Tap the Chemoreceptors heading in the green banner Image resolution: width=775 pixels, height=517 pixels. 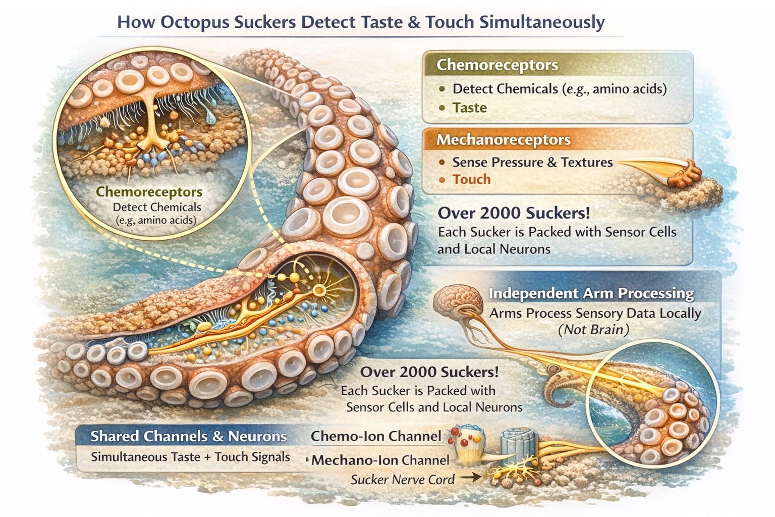497,65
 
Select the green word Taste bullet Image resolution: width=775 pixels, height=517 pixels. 470,108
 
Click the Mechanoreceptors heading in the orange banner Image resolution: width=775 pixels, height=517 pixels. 504,140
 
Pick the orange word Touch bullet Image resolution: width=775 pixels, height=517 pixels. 472,179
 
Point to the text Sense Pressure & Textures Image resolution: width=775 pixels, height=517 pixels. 532,162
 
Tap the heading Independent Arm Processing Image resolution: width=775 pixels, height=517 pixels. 591,293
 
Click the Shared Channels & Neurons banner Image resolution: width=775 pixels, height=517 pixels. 189,436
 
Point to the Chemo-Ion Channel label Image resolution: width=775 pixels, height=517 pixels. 376,436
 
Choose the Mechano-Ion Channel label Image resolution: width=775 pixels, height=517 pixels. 380,460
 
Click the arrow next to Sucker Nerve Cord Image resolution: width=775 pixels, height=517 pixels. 471,478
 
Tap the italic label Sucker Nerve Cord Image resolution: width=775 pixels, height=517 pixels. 403,480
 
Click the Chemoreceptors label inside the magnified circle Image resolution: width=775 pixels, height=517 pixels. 149,192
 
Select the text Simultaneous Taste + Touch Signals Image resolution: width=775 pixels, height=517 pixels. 190,457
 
